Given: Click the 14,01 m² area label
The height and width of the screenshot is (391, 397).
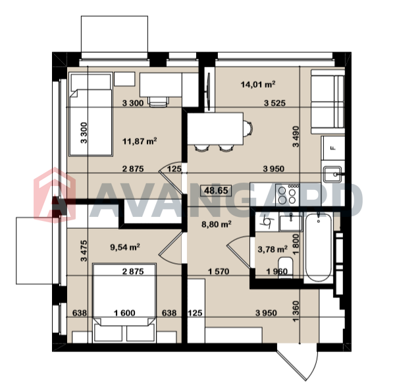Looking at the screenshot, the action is coord(258,84).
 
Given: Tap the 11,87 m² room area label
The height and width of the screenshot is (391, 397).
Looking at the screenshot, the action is coord(140,140).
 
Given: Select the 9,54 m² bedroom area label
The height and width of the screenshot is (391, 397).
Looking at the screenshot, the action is coord(125,247).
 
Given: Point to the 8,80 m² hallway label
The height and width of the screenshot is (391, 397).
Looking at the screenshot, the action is coord(217,224).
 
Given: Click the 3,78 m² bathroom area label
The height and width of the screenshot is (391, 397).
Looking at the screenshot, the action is coord(273,249).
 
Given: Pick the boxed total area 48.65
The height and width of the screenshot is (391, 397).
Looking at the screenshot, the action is coord(216,191).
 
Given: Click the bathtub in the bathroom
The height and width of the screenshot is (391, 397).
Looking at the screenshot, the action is coord(319,248).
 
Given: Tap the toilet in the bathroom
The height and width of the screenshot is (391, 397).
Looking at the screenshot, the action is coord(285,268).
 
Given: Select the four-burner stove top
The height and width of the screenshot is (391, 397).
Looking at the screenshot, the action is coord(287,195).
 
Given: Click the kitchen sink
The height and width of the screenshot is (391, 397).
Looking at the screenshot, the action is coord(332,175).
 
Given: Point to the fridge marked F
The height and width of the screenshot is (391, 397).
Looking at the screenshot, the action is coord(333,148).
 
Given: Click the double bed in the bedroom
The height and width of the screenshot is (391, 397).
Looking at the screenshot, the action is coord(124,303).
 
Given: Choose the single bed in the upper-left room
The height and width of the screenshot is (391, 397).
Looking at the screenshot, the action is coord(91,115).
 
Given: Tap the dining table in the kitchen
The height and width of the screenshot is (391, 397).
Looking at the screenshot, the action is coord(215,129).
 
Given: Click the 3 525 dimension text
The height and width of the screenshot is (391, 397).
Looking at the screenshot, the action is coord(275,104).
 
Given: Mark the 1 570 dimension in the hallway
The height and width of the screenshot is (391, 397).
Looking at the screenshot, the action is coord(219,272).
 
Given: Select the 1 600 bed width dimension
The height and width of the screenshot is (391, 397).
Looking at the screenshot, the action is coord(124,313).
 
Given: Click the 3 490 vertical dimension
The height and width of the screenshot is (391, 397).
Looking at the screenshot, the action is coord(296,136).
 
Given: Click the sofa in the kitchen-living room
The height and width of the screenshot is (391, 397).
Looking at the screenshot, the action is coord(328,102).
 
